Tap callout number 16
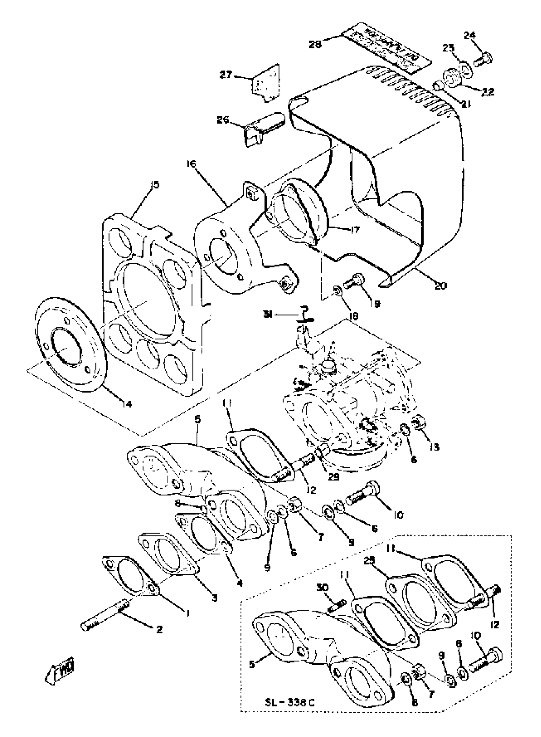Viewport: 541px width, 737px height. click(191, 163)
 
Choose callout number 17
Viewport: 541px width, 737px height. click(354, 229)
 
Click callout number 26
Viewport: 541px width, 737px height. click(223, 120)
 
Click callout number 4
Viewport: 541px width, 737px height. click(240, 583)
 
